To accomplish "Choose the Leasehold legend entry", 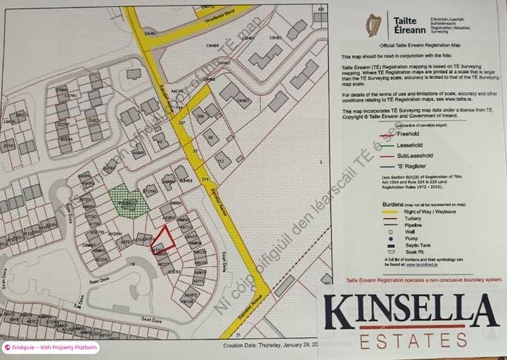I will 410,144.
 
